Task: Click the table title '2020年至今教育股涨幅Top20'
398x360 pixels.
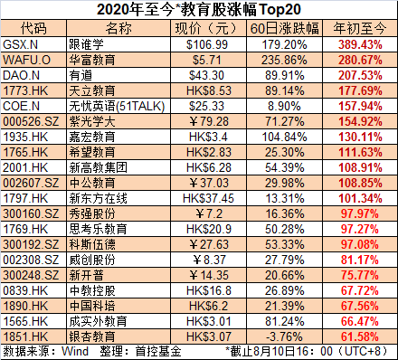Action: point(198,10)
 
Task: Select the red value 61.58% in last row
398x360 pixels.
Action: point(362,336)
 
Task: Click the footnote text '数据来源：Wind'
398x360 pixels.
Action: point(42,351)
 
